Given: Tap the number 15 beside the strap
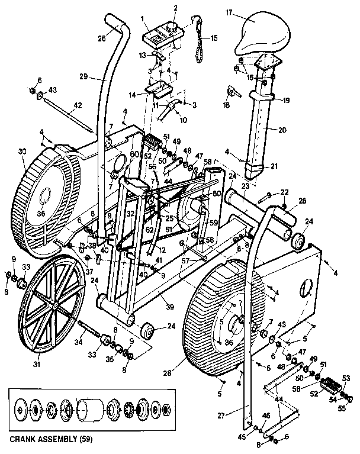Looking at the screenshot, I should [214, 38].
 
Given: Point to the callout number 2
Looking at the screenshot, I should [175, 8].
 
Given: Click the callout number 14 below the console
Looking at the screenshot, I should [132, 94].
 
